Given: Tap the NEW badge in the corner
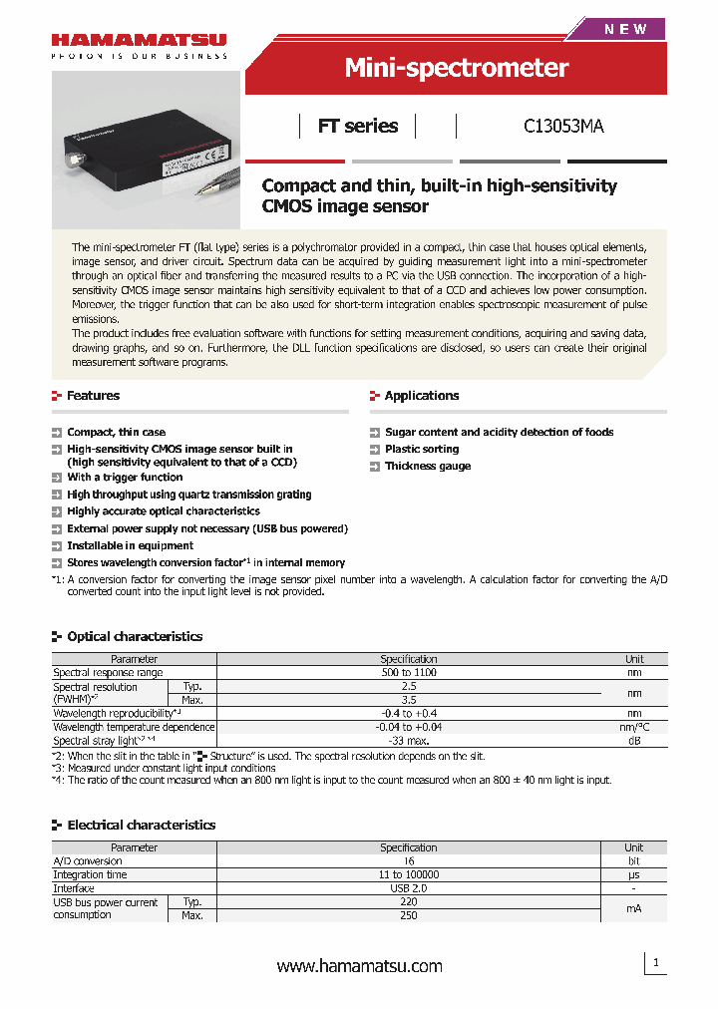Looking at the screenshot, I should tap(625, 29).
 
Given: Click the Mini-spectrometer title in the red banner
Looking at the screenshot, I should tap(456, 68).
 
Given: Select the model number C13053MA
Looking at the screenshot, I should tap(563, 127).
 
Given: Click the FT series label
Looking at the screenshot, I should tap(357, 127).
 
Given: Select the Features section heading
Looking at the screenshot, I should tap(93, 396).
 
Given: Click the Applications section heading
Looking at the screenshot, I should tap(421, 396).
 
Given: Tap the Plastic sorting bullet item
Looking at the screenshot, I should tap(421, 450).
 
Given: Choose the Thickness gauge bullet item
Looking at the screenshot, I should tap(427, 467).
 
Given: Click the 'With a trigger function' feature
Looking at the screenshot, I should tap(125, 478).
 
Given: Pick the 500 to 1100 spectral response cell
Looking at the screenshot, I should tap(408, 673).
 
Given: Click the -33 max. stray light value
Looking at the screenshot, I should tap(408, 741).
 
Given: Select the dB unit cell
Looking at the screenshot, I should tap(634, 741).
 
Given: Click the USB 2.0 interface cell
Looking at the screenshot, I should tap(408, 888).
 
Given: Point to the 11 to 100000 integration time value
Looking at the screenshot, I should tap(408, 874).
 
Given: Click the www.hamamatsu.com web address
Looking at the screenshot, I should tap(359, 966).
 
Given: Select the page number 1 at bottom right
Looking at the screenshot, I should tap(656, 963).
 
